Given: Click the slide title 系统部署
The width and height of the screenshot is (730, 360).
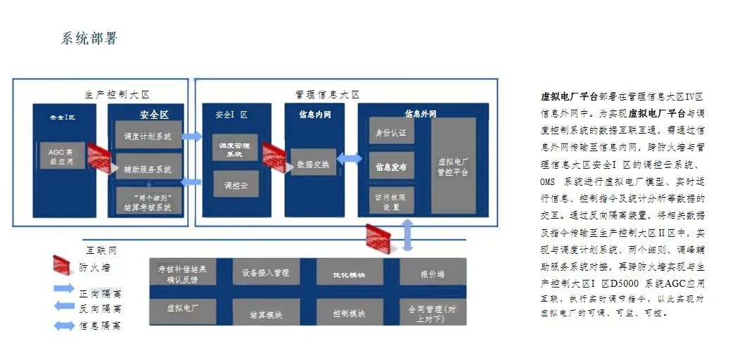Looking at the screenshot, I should [x=89, y=39].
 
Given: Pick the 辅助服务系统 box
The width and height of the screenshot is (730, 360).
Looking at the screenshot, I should [x=147, y=169].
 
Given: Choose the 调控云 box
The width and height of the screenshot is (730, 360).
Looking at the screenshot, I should [x=235, y=185].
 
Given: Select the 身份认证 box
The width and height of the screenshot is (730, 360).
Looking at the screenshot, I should [x=391, y=131].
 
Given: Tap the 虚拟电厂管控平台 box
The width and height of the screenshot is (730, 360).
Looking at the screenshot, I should [x=453, y=167].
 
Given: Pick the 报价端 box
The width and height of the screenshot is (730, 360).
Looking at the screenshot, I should [x=432, y=273].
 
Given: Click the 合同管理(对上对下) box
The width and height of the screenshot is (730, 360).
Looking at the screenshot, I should [x=432, y=313].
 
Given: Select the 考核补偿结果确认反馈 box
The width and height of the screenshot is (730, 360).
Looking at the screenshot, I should [x=183, y=273].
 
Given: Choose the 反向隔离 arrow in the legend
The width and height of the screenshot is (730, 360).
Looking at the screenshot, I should [x=64, y=307].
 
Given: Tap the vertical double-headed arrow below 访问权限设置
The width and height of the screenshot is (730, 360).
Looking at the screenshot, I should [x=408, y=233].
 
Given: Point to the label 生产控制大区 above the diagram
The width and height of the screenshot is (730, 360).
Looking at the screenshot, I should [x=117, y=94].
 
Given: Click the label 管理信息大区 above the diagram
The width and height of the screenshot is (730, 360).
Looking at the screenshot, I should [x=327, y=94].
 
